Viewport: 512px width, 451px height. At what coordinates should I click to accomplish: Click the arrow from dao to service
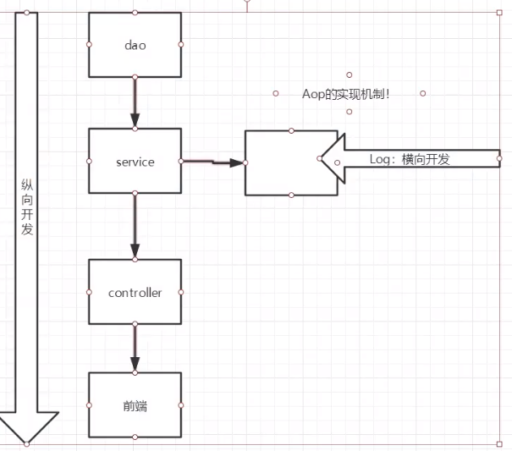coord(135,102)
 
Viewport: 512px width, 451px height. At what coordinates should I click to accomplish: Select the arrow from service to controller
coord(135,225)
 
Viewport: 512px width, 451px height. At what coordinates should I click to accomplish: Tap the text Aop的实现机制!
coord(346,94)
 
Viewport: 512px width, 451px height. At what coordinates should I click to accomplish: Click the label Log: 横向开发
coord(410,158)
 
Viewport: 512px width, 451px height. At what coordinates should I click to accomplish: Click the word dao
coord(135,45)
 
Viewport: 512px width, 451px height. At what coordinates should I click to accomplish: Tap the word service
coord(135,162)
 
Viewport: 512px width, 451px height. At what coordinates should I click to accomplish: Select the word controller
coord(135,293)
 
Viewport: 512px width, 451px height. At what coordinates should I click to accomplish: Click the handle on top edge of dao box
coord(135,13)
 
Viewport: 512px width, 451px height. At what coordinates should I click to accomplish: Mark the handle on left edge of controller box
coord(89,292)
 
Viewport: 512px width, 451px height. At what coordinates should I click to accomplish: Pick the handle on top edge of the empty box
coord(290,131)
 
